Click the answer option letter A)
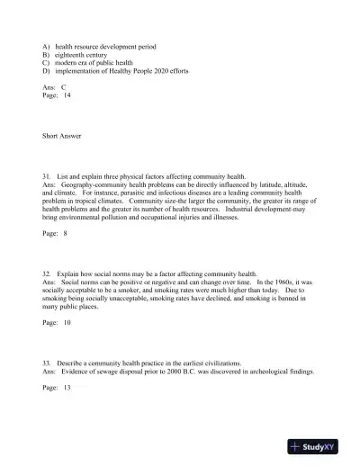(46, 44)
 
